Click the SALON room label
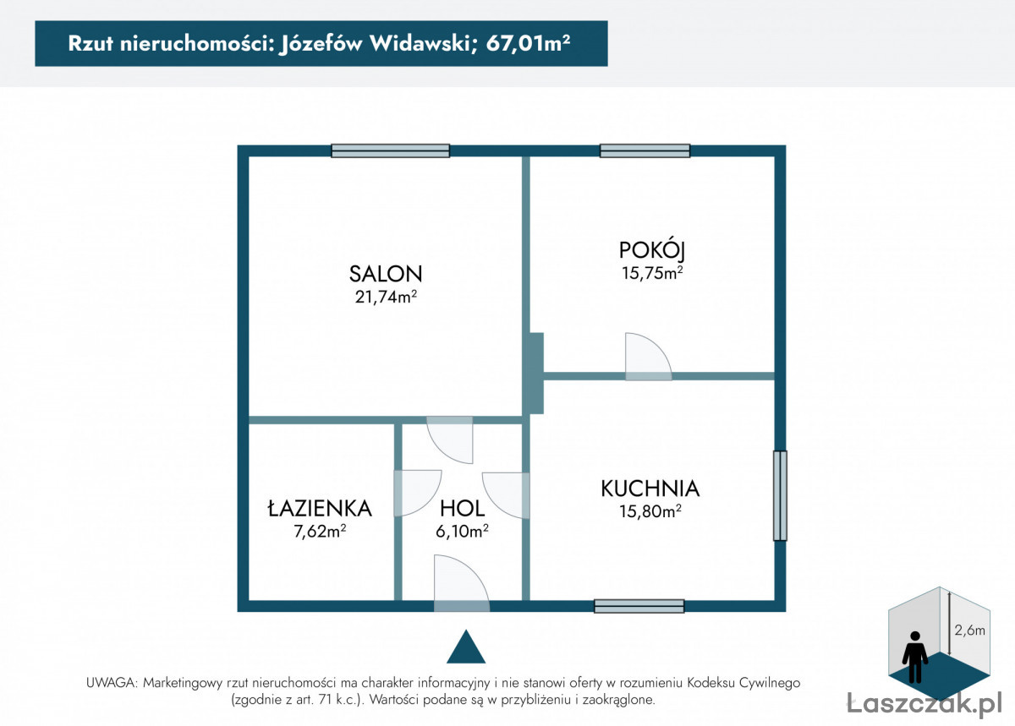coord(386,274)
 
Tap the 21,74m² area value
coord(386,297)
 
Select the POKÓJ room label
coord(652,251)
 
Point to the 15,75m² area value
coord(652,273)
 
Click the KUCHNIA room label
coord(650,489)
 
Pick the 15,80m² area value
coord(650,511)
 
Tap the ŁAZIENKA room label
coord(320,508)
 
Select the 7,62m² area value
coord(320,531)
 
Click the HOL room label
coord(462,509)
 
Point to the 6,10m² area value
coord(462,531)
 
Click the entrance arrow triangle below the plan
coord(466,647)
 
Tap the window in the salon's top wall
coord(390,150)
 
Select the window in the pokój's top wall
coord(645,150)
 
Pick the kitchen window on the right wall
coord(780,495)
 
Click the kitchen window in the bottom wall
coord(639,606)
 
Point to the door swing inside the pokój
coord(648,357)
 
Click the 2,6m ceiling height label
coord(969,630)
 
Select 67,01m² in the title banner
coord(528,44)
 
